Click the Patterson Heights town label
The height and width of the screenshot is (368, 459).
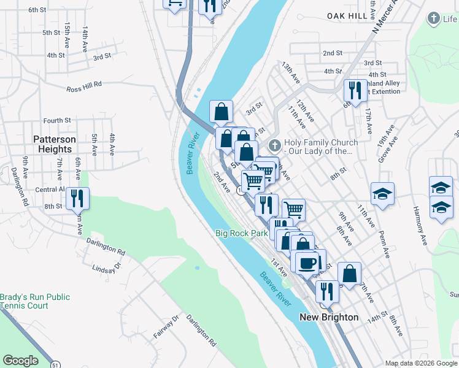pyautogui.click(x=55, y=144)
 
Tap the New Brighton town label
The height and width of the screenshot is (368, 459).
pyautogui.click(x=329, y=317)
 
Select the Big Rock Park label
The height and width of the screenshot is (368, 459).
pyautogui.click(x=242, y=233)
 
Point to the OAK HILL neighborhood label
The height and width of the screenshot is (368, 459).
pyautogui.click(x=347, y=15)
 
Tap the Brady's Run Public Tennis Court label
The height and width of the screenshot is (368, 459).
pyautogui.click(x=34, y=301)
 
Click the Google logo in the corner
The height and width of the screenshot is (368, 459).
pyautogui.click(x=20, y=361)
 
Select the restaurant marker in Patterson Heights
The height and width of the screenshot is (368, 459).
pyautogui.click(x=77, y=198)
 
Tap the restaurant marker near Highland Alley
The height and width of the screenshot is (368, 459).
pyautogui.click(x=355, y=91)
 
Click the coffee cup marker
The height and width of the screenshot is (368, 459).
pyautogui.click(x=307, y=263)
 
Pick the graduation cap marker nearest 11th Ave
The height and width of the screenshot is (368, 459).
pyautogui.click(x=383, y=194)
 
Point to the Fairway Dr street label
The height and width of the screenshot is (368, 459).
pyautogui.click(x=166, y=326)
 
